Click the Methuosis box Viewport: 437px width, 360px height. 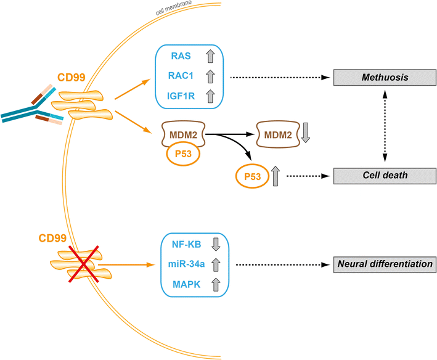[x=383, y=78]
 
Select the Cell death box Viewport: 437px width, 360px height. [x=383, y=175]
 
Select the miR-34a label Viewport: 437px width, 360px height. [x=181, y=265]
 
